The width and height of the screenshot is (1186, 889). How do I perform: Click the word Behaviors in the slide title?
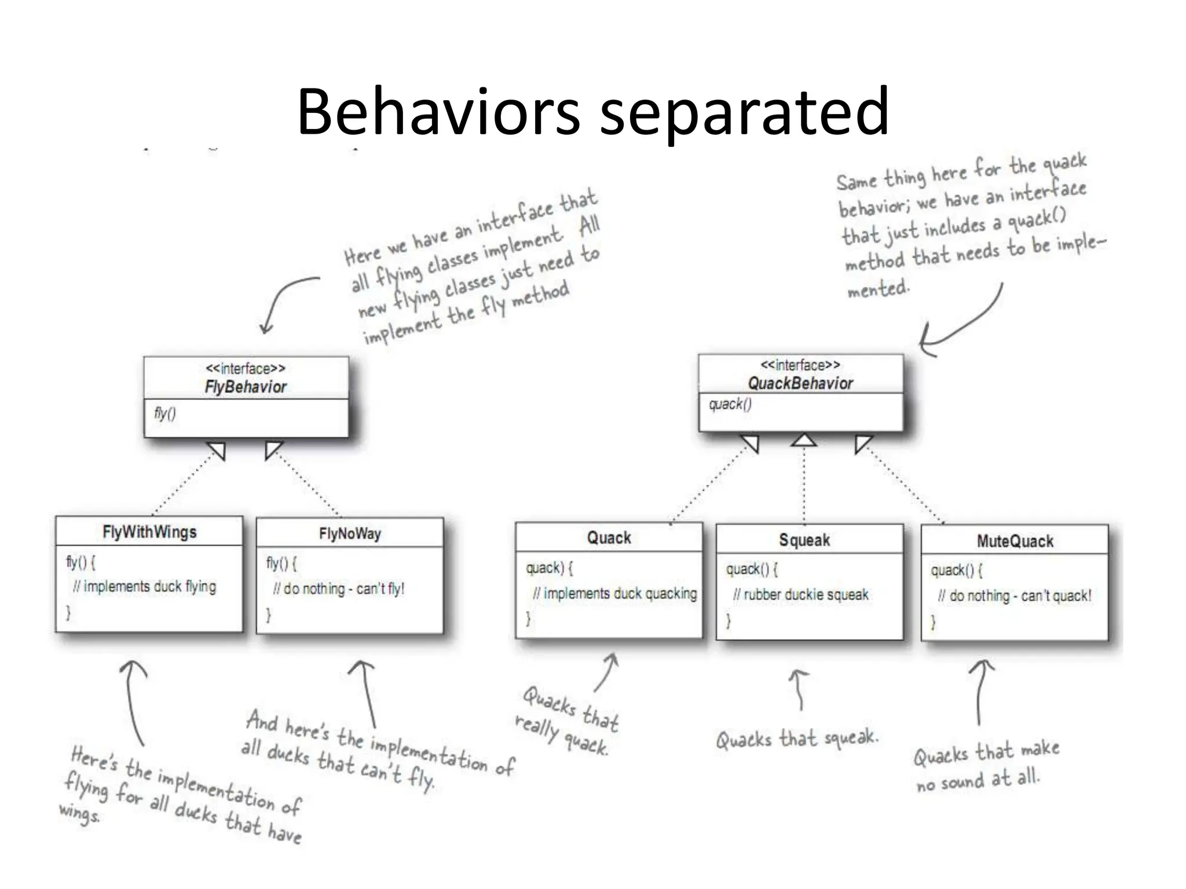click(438, 111)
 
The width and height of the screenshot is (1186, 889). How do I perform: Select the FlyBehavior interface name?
click(246, 387)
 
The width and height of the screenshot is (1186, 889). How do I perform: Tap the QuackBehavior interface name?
click(800, 383)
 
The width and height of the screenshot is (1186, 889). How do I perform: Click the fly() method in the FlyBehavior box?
click(165, 413)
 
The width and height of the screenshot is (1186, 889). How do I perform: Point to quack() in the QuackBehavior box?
click(730, 404)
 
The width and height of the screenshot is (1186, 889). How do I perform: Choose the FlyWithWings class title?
click(149, 532)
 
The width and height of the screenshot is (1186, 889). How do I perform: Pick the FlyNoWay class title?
click(350, 534)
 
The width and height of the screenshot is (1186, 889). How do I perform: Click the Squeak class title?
click(804, 540)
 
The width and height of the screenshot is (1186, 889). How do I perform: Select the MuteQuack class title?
click(1015, 541)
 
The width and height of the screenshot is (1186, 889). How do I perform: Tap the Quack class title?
click(609, 538)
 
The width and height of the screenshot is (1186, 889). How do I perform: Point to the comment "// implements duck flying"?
click(144, 586)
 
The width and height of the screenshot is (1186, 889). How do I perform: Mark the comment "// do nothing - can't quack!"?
click(1014, 596)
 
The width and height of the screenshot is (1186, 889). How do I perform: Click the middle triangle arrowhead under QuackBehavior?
click(804, 440)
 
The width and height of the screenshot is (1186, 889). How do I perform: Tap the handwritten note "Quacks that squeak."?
click(797, 739)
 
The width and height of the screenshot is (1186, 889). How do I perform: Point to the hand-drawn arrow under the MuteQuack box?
click(980, 692)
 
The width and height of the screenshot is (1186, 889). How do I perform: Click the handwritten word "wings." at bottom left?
click(79, 813)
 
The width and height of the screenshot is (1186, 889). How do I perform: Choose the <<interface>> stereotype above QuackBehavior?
click(800, 365)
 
